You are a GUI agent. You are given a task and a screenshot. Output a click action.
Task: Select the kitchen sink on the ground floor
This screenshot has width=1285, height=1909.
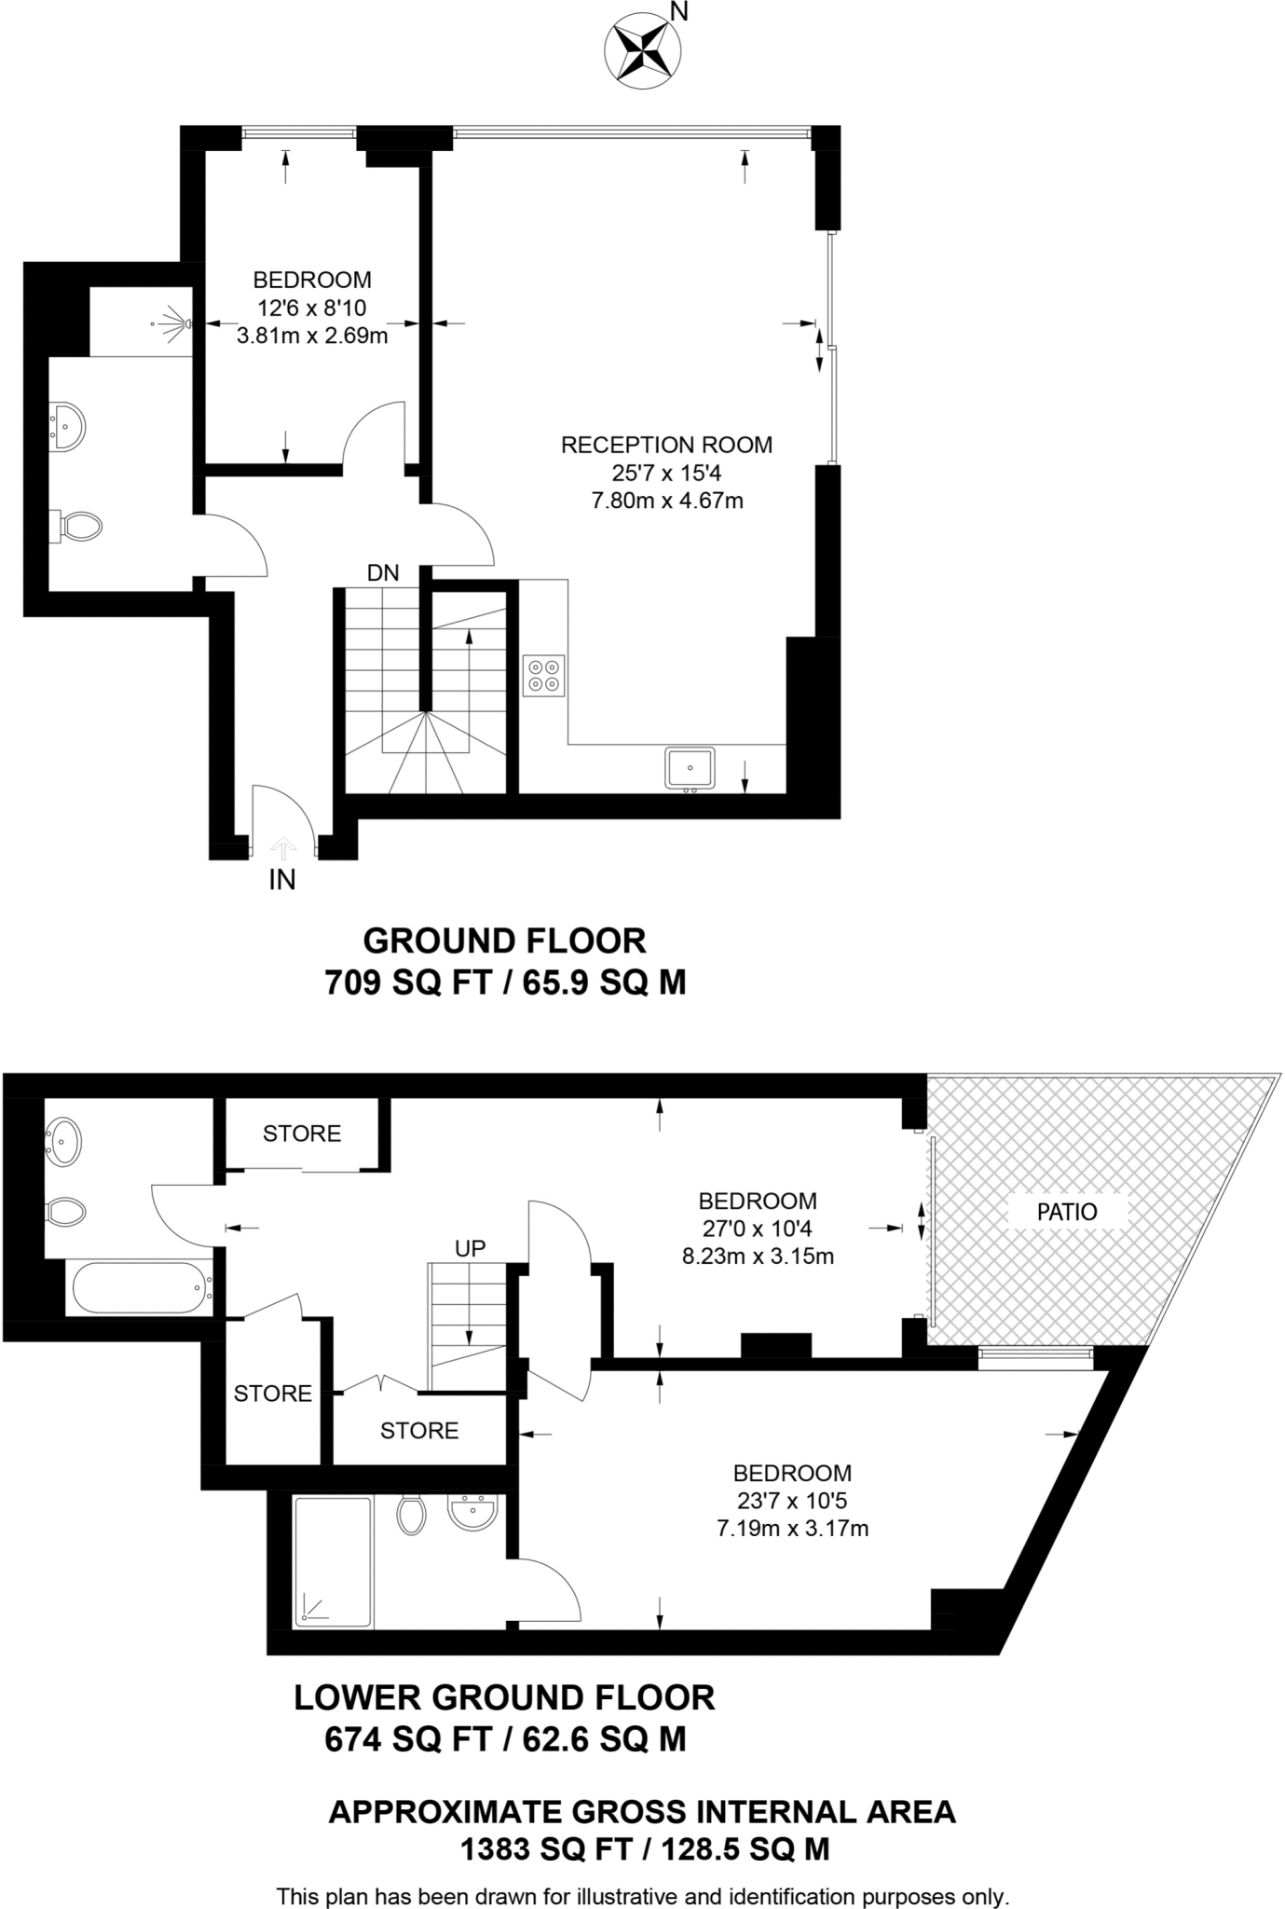point(690,768)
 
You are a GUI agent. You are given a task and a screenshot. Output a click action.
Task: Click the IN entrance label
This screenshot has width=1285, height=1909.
point(282,879)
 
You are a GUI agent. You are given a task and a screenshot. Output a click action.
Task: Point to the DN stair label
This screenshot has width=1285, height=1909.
point(383,573)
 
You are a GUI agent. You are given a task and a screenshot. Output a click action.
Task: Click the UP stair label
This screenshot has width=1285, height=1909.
point(471,1248)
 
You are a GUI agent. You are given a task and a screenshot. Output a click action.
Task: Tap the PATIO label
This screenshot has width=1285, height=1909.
point(1068,1212)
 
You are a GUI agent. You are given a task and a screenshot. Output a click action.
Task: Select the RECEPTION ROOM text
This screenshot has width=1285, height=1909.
point(666,445)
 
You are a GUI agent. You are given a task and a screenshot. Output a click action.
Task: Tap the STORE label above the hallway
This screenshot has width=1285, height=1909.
point(302,1133)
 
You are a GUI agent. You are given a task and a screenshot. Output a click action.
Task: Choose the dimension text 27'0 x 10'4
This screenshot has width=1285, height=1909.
point(758,1229)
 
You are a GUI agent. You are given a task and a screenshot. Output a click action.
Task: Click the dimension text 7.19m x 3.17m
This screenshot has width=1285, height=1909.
point(792,1529)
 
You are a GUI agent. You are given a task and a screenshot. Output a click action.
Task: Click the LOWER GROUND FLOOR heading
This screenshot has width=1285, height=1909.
point(504,1697)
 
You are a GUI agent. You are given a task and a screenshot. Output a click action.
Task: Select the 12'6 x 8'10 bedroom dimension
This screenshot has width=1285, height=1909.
point(312,308)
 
